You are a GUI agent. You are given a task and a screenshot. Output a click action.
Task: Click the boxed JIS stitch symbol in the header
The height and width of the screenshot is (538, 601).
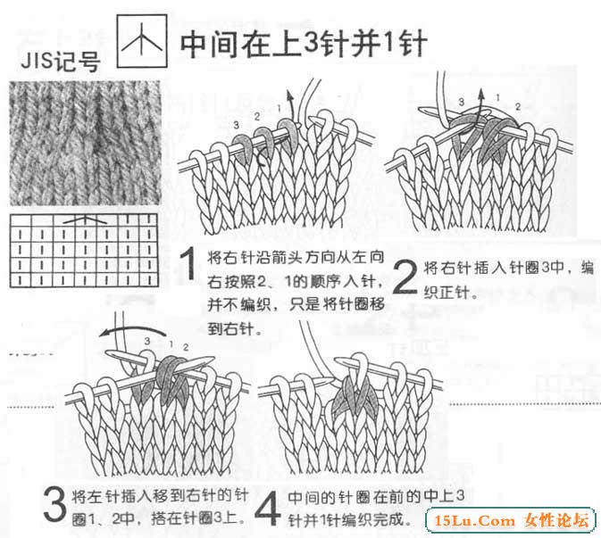(x=142, y=41)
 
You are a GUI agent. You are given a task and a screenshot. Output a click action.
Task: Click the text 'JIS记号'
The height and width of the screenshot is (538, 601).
(x=61, y=62)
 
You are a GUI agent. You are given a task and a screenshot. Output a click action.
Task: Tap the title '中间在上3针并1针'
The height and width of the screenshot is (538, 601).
(x=304, y=44)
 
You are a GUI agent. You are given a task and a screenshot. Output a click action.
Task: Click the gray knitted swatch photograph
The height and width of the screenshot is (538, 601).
(x=85, y=143)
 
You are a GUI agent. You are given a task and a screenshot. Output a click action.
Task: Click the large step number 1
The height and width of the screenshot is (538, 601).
(x=188, y=263)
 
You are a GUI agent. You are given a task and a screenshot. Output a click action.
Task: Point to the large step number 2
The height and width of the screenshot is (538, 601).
(x=405, y=277)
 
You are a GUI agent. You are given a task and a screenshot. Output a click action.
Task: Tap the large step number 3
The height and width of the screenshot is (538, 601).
(x=54, y=503)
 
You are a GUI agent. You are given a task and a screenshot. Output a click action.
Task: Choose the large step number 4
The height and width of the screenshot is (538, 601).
(x=267, y=509)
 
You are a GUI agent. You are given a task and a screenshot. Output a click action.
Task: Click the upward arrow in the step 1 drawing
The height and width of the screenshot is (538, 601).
(x=291, y=105)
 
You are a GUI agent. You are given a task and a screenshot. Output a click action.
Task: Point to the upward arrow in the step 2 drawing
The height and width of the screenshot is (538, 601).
(x=481, y=105)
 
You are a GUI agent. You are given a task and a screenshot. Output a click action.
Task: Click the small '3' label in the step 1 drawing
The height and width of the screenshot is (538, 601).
(x=236, y=125)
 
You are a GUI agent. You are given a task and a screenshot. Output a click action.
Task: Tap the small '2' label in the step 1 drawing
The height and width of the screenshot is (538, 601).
(x=257, y=116)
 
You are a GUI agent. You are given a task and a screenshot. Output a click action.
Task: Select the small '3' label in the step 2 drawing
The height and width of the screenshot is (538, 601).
(x=462, y=102)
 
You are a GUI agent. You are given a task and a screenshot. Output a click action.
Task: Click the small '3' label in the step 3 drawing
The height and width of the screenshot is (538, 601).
(x=147, y=341)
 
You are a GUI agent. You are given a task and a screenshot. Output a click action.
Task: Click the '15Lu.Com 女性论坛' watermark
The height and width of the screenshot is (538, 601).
(x=512, y=521)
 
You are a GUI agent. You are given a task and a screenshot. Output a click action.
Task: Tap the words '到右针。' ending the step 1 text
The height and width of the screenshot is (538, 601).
(x=235, y=328)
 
